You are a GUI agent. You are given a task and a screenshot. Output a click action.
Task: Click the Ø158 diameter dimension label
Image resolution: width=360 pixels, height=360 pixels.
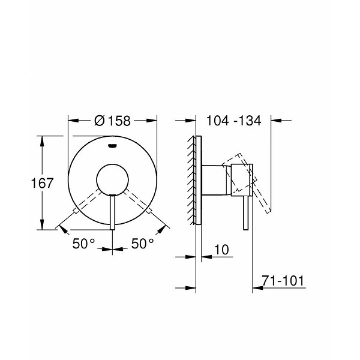tap(112, 121)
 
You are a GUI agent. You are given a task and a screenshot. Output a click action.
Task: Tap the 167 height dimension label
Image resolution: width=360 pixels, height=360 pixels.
tap(42, 183)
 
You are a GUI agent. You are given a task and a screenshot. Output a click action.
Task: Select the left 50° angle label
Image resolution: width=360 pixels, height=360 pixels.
tap(83, 244)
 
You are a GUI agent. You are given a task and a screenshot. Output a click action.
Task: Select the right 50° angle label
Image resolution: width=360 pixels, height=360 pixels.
tap(143, 244)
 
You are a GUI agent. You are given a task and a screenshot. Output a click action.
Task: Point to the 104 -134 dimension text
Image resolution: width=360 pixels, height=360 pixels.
tap(234, 121)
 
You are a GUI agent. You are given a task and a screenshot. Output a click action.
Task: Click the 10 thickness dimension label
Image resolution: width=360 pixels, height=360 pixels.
tap(221, 250)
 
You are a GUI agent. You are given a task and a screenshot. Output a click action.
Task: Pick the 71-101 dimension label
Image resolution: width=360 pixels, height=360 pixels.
tap(283, 280)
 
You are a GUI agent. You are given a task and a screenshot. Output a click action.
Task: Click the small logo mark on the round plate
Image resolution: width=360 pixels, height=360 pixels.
tap(113, 145)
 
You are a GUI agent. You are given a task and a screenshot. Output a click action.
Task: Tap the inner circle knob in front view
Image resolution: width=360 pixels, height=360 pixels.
tap(113, 181)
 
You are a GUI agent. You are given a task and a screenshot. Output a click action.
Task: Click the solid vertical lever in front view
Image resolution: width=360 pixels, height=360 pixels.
tap(113, 212)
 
